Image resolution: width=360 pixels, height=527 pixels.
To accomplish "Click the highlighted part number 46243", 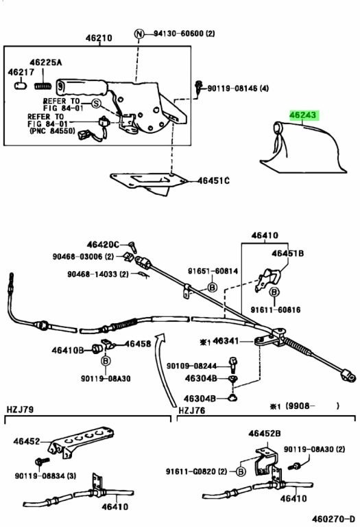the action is (x=303, y=115).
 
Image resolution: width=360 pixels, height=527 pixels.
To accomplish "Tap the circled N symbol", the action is (x=139, y=34).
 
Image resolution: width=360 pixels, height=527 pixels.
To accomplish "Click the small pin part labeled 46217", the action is (x=21, y=85).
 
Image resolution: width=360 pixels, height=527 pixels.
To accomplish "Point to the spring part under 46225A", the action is (x=43, y=86).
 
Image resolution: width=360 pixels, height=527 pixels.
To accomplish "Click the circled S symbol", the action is (x=97, y=104).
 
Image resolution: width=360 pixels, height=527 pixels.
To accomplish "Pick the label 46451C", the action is (x=213, y=181).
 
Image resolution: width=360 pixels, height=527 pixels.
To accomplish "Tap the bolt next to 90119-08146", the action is (x=199, y=88).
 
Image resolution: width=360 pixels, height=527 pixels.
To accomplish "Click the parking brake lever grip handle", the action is (x=82, y=86).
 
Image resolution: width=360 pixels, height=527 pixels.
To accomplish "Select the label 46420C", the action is (x=103, y=245).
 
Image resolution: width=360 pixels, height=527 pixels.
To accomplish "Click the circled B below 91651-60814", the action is (x=213, y=288).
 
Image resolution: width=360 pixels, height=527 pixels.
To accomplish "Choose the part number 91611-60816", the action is (x=276, y=309).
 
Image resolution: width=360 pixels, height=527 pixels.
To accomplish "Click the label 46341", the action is (x=226, y=341).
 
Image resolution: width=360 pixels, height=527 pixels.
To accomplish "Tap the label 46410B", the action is (x=67, y=351).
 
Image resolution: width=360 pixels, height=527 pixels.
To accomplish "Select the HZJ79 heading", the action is (x=20, y=410).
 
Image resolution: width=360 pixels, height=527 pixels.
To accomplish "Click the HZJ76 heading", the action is (x=192, y=410).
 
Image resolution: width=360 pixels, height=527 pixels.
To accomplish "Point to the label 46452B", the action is (x=264, y=434).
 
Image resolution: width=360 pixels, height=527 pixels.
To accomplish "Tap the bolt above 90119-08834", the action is (x=42, y=461).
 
